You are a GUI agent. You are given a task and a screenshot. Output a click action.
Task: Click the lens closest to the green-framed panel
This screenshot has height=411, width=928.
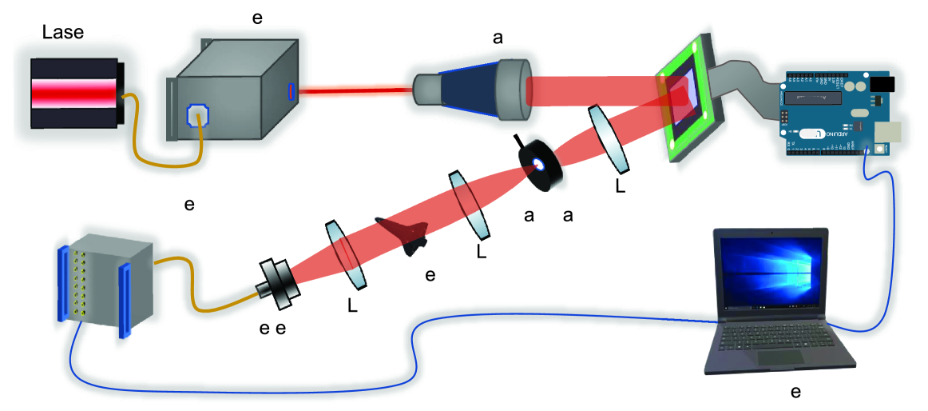[611, 138]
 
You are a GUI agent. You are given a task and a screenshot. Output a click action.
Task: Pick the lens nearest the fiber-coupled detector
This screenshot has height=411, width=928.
[347, 254]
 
